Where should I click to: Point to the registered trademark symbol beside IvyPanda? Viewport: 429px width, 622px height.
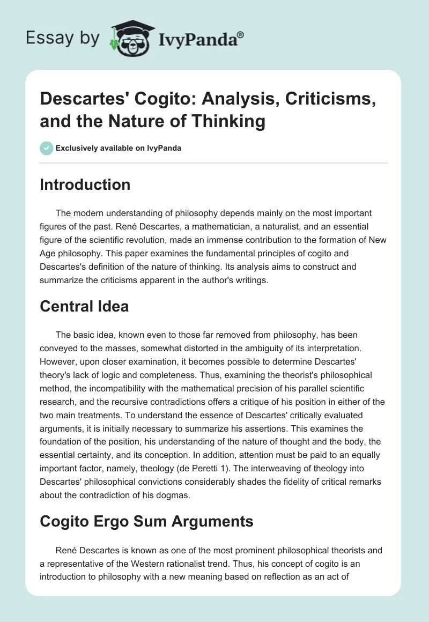pyautogui.click(x=241, y=35)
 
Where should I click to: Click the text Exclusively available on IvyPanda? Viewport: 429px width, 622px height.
pyautogui.click(x=118, y=148)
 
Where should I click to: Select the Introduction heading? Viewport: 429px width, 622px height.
pyautogui.click(x=85, y=184)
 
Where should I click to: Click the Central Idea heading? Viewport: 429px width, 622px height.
pyautogui.click(x=85, y=307)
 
